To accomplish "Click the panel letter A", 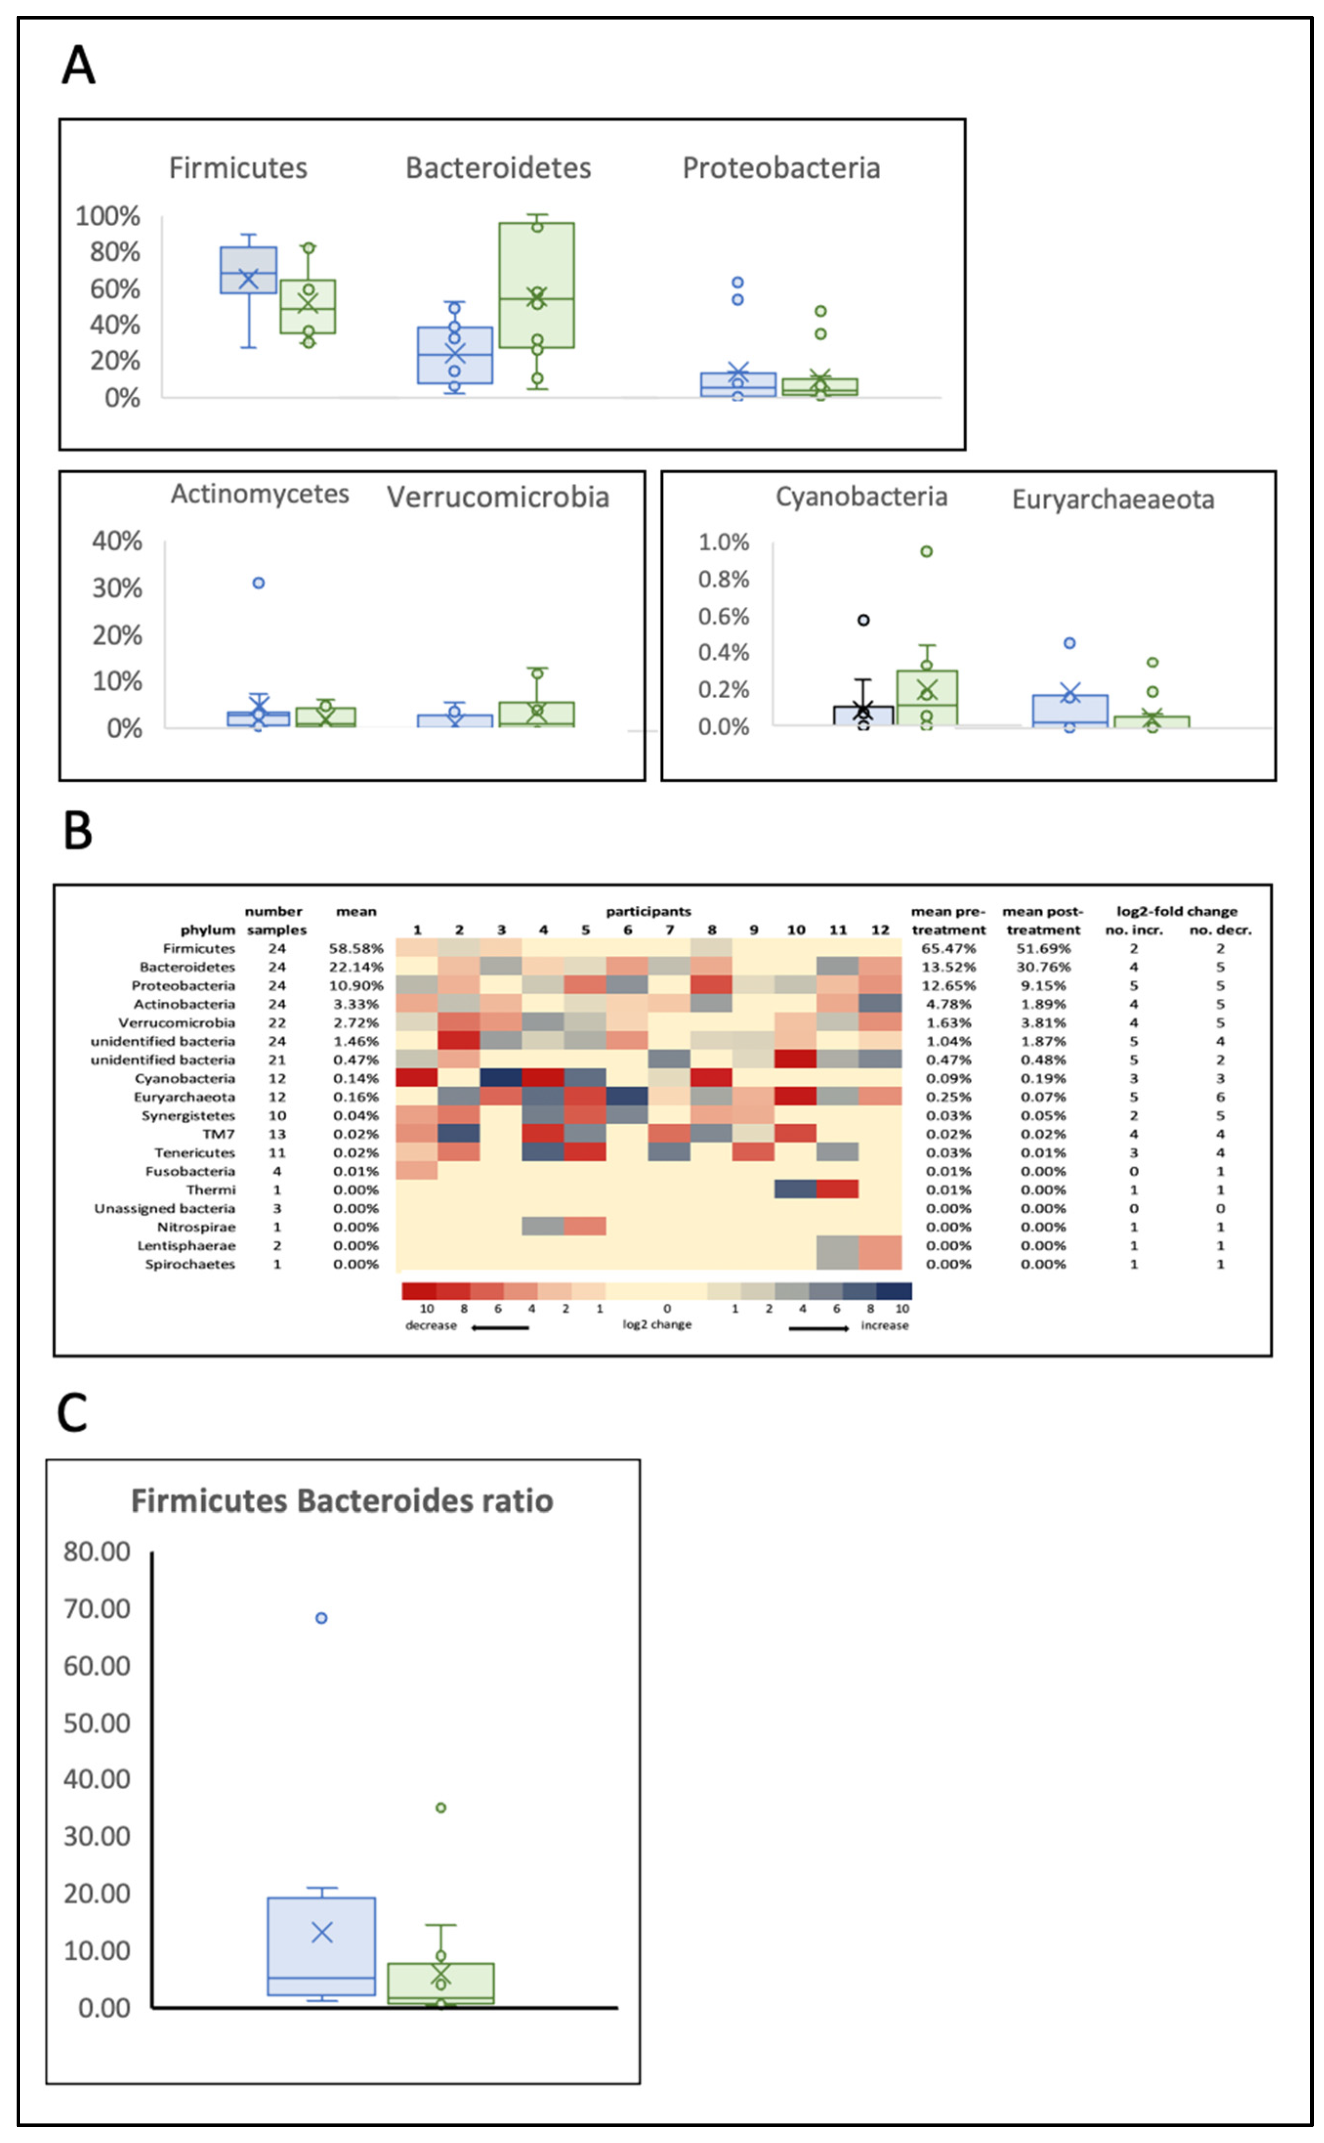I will tap(78, 66).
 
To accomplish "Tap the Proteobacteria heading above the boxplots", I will tap(780, 168).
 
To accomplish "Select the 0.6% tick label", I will tap(723, 617).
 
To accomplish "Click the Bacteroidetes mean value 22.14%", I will tap(356, 967).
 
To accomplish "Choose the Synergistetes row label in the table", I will tap(188, 1116).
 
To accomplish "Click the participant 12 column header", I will tap(880, 930).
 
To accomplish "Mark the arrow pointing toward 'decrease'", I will tap(499, 1328).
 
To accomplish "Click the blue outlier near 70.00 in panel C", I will tap(321, 1618).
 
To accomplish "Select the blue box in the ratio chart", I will tap(321, 1946).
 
